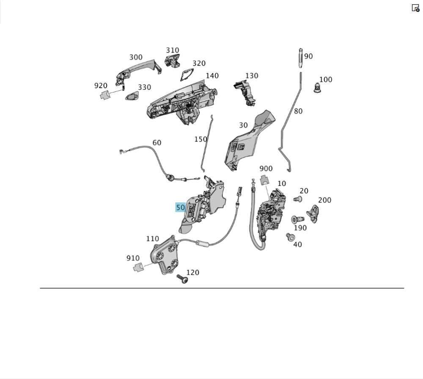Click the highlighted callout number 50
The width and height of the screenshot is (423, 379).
(181, 207)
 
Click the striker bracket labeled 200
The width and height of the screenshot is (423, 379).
(316, 211)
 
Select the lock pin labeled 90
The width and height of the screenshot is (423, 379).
(299, 58)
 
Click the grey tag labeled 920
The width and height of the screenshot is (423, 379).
(104, 95)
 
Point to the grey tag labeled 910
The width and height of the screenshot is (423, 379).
(139, 267)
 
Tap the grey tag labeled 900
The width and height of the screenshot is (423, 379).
(265, 180)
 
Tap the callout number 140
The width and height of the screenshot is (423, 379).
(212, 76)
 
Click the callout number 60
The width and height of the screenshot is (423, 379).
(157, 143)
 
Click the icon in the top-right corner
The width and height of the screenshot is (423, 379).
(415, 8)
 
